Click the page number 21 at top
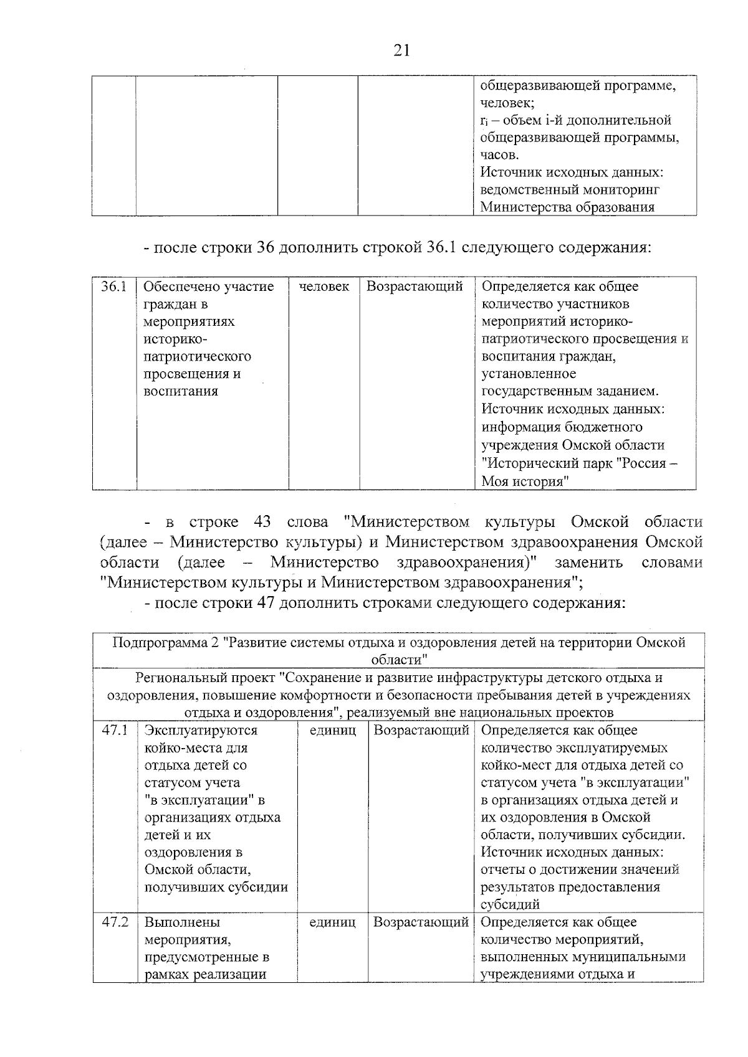402,50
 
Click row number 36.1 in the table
114,287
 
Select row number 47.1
115,730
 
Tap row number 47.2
115,922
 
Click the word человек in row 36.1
324,287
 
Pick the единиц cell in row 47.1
332,730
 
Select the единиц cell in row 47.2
332,922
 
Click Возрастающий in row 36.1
415,287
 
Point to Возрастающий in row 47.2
421,922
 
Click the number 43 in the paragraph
262,521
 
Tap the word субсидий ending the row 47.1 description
511,904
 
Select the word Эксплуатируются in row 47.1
201,730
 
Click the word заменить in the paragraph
588,562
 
